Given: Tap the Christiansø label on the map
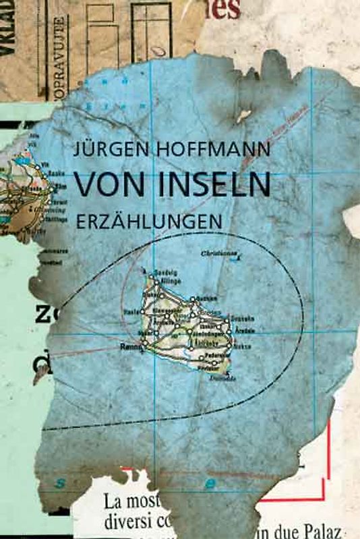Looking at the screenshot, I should (218, 253).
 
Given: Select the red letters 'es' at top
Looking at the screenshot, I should (226, 9).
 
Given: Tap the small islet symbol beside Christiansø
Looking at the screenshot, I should (239, 257).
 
